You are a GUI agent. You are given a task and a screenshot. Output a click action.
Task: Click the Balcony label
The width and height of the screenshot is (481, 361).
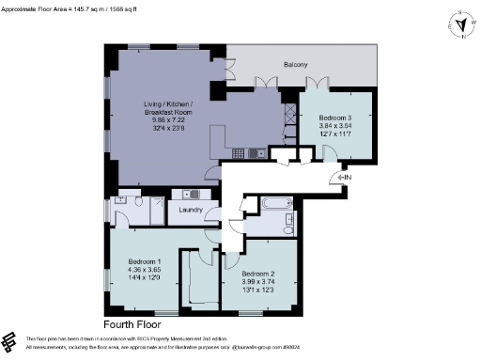coord(299,65)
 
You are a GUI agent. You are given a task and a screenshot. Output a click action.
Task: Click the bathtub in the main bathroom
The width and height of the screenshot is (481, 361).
coord(277,204)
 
